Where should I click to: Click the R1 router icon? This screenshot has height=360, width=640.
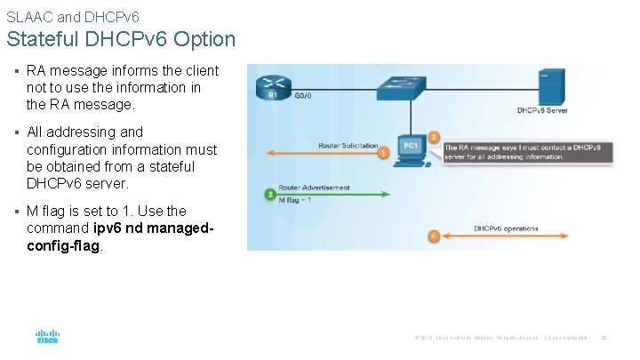point(268,88)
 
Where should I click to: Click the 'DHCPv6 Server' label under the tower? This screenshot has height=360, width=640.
point(543,111)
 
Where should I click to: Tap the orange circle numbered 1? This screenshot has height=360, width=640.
point(383,153)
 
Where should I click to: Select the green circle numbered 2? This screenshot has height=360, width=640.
point(269,194)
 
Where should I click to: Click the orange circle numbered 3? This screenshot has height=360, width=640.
point(434,137)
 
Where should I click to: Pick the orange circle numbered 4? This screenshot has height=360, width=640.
point(433,236)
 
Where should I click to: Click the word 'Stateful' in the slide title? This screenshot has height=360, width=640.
point(42,39)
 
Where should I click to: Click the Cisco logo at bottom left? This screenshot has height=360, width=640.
point(47,337)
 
